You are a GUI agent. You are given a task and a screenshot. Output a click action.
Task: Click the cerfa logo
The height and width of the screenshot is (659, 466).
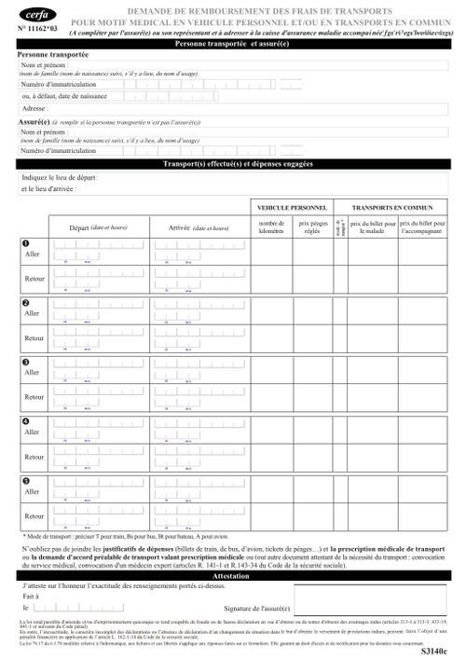(36, 15)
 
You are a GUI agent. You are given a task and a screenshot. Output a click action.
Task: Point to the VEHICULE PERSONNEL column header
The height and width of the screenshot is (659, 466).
(290, 206)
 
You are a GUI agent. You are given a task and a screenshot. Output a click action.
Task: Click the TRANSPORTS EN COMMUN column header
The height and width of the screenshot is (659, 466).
(398, 206)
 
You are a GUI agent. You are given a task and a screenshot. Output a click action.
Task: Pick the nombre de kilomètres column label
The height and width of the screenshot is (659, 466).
(271, 227)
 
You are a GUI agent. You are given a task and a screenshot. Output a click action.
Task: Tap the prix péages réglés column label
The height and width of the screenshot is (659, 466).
(313, 227)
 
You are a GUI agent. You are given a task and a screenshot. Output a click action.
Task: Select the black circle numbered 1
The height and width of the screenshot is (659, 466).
(26, 244)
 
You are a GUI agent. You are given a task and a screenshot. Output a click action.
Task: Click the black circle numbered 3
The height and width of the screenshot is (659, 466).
(26, 362)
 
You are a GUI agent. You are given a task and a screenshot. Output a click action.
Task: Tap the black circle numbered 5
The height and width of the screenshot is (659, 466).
(26, 481)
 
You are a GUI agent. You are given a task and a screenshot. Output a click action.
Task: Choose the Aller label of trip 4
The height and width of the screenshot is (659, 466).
(33, 432)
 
